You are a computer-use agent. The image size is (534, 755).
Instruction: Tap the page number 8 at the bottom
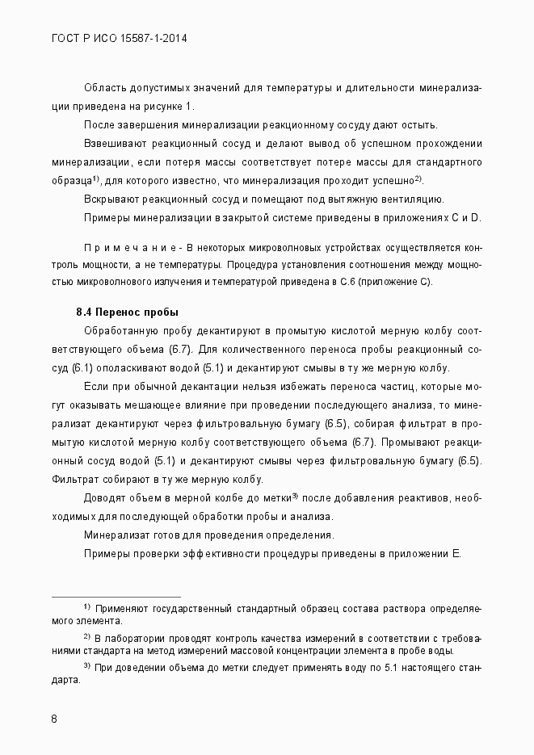(54, 719)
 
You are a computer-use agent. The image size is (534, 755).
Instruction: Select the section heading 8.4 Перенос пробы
(127, 312)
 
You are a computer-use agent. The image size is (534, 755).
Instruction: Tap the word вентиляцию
(410, 199)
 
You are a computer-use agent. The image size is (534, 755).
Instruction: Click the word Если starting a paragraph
(95, 386)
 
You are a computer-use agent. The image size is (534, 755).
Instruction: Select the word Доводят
(105, 498)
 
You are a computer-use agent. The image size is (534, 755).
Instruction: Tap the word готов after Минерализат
(166, 535)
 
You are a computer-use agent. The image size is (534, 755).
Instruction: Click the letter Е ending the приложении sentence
(456, 553)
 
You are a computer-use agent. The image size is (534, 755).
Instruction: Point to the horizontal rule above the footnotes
(116, 598)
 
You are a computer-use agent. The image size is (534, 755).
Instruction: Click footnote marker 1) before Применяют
(86, 606)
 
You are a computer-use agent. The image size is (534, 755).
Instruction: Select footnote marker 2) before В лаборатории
(86, 636)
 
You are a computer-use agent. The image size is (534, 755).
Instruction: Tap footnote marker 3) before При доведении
(86, 665)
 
